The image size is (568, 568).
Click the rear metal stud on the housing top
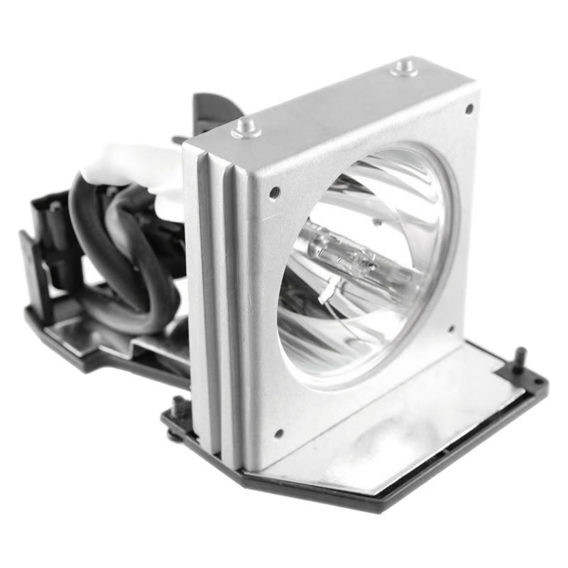(x=405, y=68)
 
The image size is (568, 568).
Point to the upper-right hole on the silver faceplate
(x=469, y=109)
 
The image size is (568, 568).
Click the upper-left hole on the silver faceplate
(x=274, y=192)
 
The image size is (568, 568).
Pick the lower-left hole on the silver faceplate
(x=278, y=432)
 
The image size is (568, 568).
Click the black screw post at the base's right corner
(x=520, y=357)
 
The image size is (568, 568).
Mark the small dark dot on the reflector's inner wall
(x=377, y=222)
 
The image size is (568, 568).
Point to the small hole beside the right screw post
(x=537, y=382)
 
